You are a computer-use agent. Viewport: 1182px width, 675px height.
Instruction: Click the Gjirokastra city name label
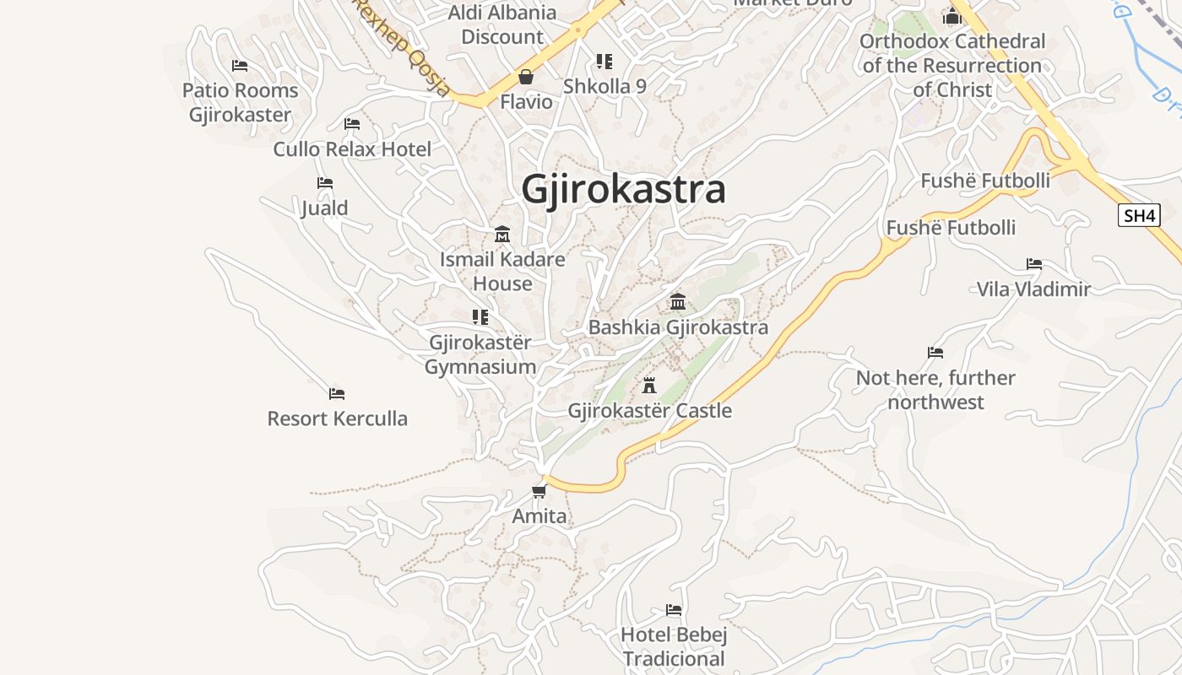623,189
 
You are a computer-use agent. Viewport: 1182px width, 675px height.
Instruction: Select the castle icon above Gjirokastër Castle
649,386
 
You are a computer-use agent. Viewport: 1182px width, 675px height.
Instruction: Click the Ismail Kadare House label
502,271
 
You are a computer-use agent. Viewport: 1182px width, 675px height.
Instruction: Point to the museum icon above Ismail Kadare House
502,234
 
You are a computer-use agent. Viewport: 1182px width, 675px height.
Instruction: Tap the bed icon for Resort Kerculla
337,394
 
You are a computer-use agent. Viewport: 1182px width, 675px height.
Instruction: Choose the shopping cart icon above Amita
539,491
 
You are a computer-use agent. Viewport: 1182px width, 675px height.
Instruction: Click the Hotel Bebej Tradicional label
674,646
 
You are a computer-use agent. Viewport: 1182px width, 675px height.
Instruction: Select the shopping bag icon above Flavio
526,78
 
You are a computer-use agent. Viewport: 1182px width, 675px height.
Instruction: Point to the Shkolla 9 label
605,86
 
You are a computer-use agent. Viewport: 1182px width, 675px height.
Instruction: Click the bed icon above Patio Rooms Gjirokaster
240,66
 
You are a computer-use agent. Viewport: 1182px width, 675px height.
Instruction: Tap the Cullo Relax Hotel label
352,149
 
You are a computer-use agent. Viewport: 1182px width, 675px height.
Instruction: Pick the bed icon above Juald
325,183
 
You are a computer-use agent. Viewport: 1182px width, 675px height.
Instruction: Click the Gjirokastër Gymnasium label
480,354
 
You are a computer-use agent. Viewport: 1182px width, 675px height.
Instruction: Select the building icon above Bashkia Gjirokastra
678,302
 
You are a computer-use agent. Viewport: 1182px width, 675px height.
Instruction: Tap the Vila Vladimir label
1033,289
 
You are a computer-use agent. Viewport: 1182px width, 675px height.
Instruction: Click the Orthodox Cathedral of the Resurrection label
952,65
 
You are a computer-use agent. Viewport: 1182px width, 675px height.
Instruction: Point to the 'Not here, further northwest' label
935,390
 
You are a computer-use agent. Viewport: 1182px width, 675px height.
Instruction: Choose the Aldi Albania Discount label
502,24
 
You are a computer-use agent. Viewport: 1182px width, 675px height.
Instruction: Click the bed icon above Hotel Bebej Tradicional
674,609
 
